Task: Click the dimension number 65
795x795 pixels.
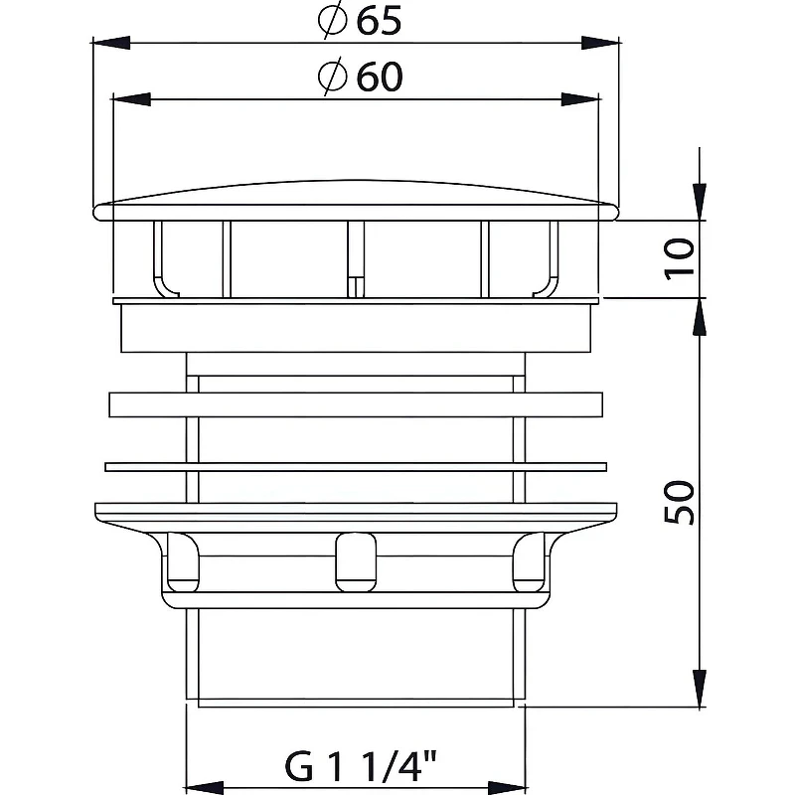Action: [x=379, y=21]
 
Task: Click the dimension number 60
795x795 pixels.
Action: [x=380, y=78]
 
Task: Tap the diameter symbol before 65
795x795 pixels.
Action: [x=333, y=20]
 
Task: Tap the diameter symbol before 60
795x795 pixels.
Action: [x=333, y=77]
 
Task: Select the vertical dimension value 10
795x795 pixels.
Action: [x=679, y=258]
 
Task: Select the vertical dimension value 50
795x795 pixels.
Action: [x=679, y=503]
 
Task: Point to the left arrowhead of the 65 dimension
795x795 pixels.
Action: [x=111, y=43]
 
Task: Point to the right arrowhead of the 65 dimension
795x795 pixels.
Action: [x=600, y=43]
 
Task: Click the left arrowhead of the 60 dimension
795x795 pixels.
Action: [x=131, y=98]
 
